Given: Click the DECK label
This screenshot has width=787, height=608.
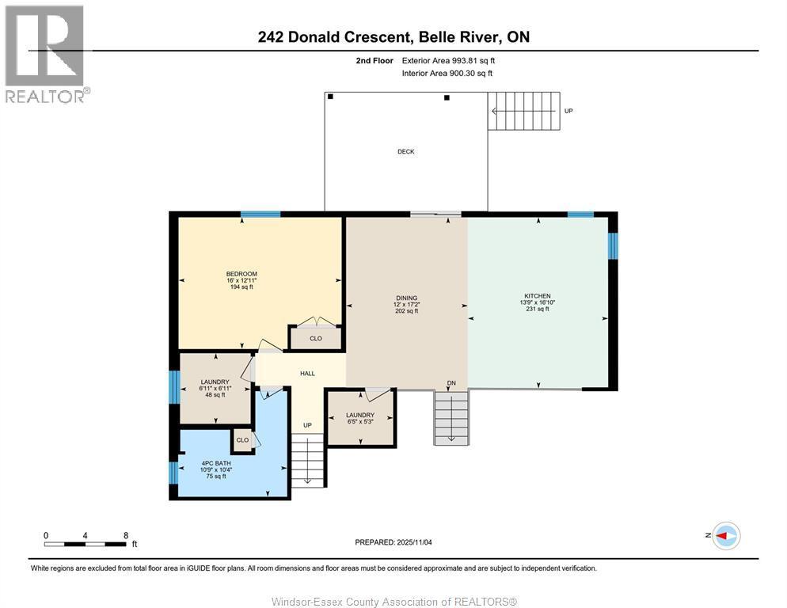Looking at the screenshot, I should click(x=405, y=152).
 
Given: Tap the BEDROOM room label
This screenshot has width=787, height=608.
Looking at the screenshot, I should click(x=241, y=275).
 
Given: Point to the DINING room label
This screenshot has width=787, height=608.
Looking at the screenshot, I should click(x=406, y=298).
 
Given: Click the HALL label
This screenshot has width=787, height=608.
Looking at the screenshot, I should click(x=307, y=374).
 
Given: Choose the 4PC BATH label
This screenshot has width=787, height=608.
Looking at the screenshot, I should click(x=213, y=464).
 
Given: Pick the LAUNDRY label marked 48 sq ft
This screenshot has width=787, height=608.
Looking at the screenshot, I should click(x=215, y=382).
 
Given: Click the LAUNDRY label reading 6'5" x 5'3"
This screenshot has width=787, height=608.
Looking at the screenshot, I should click(x=360, y=415).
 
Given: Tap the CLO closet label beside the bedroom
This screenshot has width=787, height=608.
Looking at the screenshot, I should click(x=315, y=339).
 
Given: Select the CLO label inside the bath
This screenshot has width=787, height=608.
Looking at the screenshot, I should click(x=242, y=440).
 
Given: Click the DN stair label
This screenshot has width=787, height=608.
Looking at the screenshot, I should click(x=451, y=383).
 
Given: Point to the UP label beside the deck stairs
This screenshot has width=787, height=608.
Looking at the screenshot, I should click(x=568, y=111).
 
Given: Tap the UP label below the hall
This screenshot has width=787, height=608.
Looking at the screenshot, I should click(x=307, y=425).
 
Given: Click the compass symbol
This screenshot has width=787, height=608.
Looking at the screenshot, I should click(x=725, y=536).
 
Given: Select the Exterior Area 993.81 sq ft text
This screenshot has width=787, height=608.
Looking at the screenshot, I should click(x=448, y=60).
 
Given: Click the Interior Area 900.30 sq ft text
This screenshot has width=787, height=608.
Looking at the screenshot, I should click(x=447, y=73).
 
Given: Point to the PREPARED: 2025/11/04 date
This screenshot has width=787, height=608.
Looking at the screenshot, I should click(x=393, y=542).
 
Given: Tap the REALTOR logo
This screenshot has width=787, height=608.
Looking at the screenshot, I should click(x=45, y=54).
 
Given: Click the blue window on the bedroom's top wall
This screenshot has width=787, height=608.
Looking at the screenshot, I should click(x=260, y=214).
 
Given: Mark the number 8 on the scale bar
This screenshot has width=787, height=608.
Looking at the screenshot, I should click(x=126, y=535).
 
